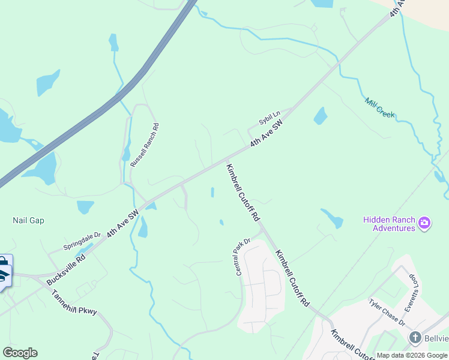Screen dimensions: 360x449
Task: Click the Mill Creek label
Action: (x=379, y=107)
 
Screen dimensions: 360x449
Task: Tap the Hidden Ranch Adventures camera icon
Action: (x=424, y=223)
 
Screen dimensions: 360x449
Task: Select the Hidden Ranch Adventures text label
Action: (x=388, y=224)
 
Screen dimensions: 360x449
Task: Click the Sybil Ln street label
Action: (x=270, y=118)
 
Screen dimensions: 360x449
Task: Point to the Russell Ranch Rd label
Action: (x=145, y=145)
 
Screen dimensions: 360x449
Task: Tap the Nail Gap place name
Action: (x=28, y=220)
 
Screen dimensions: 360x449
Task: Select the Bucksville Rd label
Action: (x=67, y=263)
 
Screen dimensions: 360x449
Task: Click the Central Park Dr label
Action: (x=243, y=257)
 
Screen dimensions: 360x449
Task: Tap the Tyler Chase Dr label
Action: (x=387, y=312)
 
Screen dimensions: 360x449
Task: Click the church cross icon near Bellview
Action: (x=415, y=338)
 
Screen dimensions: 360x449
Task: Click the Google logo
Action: (x=20, y=353)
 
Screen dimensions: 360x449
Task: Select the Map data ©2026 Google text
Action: (x=412, y=355)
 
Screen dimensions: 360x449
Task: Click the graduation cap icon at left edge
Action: (x=3, y=275)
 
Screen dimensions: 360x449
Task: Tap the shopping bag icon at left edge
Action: (x=3, y=262)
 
